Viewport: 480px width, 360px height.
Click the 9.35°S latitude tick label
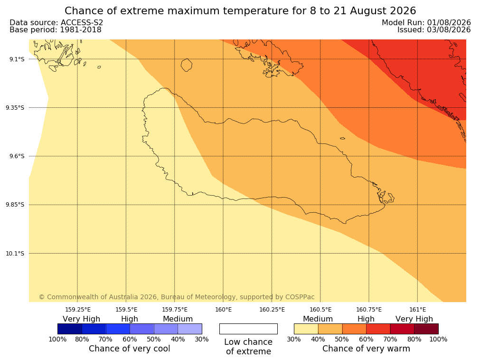(15, 108)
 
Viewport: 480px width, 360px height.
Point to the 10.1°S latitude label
(15, 254)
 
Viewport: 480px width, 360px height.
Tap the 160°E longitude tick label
(223, 310)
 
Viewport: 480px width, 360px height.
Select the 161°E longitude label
(417, 310)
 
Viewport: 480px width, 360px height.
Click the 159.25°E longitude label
(78, 310)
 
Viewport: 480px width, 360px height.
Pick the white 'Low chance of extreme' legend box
(248, 329)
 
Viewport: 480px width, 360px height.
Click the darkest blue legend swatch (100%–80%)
(70, 329)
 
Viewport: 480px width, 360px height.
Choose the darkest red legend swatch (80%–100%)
(426, 329)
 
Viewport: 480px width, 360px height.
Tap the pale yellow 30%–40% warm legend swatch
(306, 329)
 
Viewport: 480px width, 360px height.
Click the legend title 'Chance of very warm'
(366, 349)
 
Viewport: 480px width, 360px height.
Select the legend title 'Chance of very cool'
(130, 349)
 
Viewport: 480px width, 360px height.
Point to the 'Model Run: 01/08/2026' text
(426, 22)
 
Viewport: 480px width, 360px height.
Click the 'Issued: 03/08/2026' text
(434, 30)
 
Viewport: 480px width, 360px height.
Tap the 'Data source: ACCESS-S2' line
(56, 22)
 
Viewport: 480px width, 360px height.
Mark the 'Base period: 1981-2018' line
(56, 30)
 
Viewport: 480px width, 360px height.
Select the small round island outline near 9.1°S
(187, 65)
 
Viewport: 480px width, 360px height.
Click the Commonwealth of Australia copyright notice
(177, 297)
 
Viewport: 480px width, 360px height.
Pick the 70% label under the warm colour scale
(390, 339)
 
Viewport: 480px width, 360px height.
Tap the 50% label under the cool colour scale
(154, 339)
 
